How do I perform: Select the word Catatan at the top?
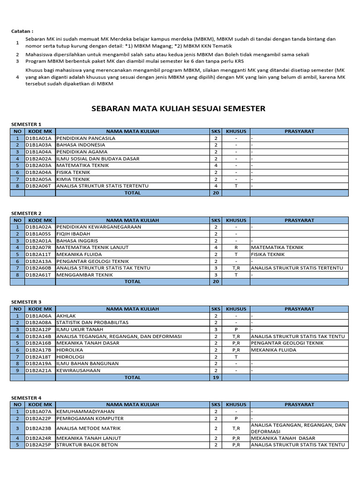(x=22, y=31)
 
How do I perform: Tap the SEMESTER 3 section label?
(x=26, y=302)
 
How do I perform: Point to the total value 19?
(x=216, y=377)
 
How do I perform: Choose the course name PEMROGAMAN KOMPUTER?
(x=90, y=418)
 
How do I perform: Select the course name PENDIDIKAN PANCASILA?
(x=86, y=138)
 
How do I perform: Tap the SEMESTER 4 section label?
(x=26, y=397)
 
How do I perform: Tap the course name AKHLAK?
(x=66, y=316)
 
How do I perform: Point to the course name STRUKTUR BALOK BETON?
(x=87, y=445)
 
